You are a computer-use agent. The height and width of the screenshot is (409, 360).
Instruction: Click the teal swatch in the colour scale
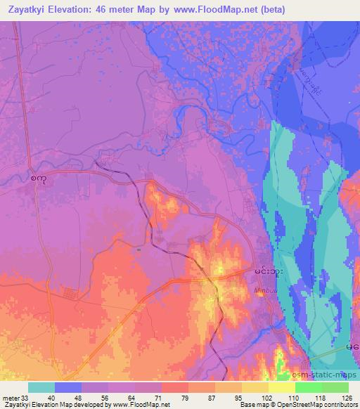[x=41, y=388]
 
